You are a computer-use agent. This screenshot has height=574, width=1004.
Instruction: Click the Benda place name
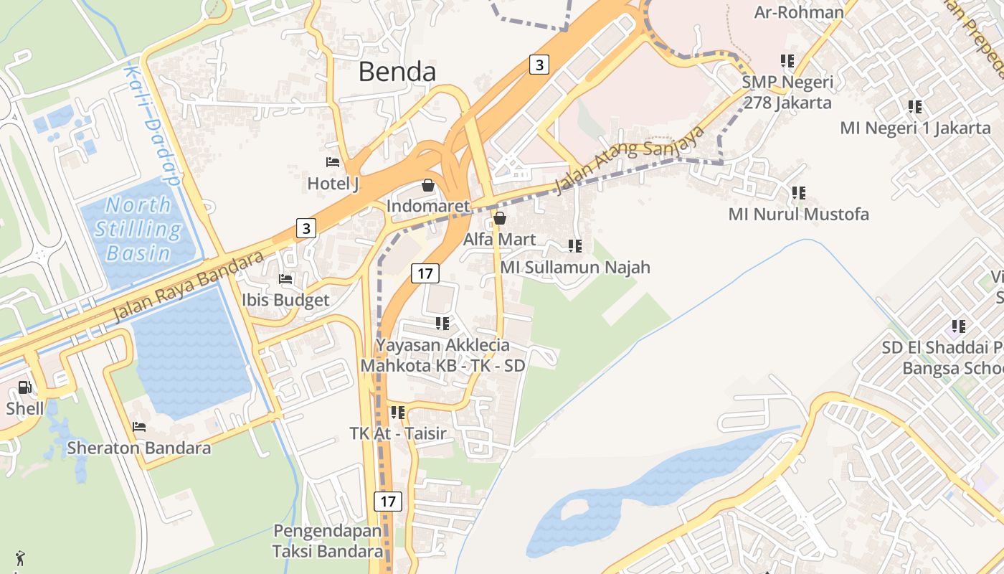point(397,72)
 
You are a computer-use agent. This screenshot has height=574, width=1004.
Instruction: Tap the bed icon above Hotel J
point(332,162)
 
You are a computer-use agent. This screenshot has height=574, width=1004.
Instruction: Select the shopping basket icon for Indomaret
point(428,185)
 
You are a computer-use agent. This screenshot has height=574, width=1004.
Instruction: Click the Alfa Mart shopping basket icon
point(500,217)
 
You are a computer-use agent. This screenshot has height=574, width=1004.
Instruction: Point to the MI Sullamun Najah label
point(575,268)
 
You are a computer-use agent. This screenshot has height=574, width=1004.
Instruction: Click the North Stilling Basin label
point(138,229)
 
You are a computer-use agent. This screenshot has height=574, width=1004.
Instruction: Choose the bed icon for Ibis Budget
point(285,278)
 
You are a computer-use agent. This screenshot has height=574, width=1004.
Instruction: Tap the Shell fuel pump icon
point(25,387)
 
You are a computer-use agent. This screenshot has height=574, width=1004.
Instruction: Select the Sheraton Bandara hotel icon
point(139,427)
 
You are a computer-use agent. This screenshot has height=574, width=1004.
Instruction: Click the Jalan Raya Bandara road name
point(189,286)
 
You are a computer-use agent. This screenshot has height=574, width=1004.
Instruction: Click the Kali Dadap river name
point(153,126)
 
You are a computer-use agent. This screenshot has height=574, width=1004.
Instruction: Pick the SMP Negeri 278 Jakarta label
point(787,93)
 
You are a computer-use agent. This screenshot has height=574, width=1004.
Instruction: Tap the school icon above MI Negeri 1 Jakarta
point(915,107)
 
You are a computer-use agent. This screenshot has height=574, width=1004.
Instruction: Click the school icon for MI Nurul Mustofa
point(798,193)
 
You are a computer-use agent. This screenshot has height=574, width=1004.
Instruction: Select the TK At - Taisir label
point(398,433)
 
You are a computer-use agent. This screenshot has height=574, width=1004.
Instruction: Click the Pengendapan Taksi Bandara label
point(328,542)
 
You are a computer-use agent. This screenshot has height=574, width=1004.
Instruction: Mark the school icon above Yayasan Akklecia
point(442,324)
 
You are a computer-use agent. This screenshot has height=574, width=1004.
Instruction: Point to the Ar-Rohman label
point(799,12)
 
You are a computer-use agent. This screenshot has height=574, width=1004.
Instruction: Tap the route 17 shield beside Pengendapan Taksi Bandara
point(387,501)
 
